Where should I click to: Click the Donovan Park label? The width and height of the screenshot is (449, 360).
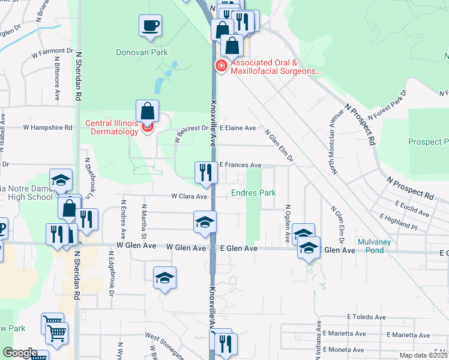tap(142, 52)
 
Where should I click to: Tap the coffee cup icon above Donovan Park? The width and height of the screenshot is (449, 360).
tap(150, 26)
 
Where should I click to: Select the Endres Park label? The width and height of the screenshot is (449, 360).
tap(253, 193)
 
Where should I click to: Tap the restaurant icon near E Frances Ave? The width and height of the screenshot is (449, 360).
tap(206, 172)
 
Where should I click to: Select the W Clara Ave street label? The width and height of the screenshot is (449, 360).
tap(189, 196)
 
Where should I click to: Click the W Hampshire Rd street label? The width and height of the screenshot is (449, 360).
tap(47, 127)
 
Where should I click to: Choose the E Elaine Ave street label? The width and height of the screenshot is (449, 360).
tap(237, 128)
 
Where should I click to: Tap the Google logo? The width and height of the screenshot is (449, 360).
tap(20, 353)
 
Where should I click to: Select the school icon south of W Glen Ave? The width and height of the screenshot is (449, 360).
tap(164, 278)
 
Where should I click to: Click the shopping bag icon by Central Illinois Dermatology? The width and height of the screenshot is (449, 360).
tap(147, 111)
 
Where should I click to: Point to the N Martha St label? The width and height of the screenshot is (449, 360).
tap(143, 218)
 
